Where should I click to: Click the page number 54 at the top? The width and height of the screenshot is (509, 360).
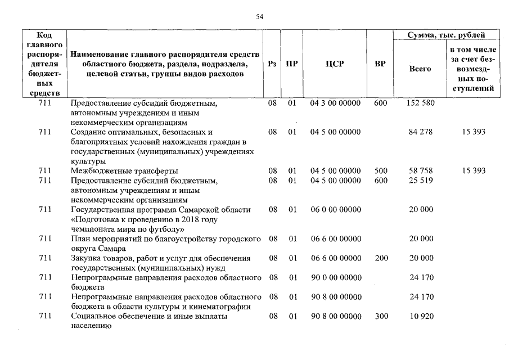point(259,17)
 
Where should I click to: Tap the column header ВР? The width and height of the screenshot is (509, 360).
point(380,64)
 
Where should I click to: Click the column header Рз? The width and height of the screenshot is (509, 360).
point(272,64)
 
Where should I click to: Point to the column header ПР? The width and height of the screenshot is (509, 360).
point(291,64)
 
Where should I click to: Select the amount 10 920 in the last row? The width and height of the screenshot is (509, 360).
point(421,317)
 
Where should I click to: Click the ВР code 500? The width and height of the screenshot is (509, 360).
point(380,170)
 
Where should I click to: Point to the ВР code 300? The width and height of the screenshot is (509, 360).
point(380,317)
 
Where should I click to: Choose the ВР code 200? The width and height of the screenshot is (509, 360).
point(380,258)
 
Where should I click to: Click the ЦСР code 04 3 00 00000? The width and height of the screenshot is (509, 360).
point(335,103)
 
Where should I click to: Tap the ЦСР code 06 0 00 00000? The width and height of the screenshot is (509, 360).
point(335,209)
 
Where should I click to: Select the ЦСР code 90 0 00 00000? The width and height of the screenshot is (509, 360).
point(335,277)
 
